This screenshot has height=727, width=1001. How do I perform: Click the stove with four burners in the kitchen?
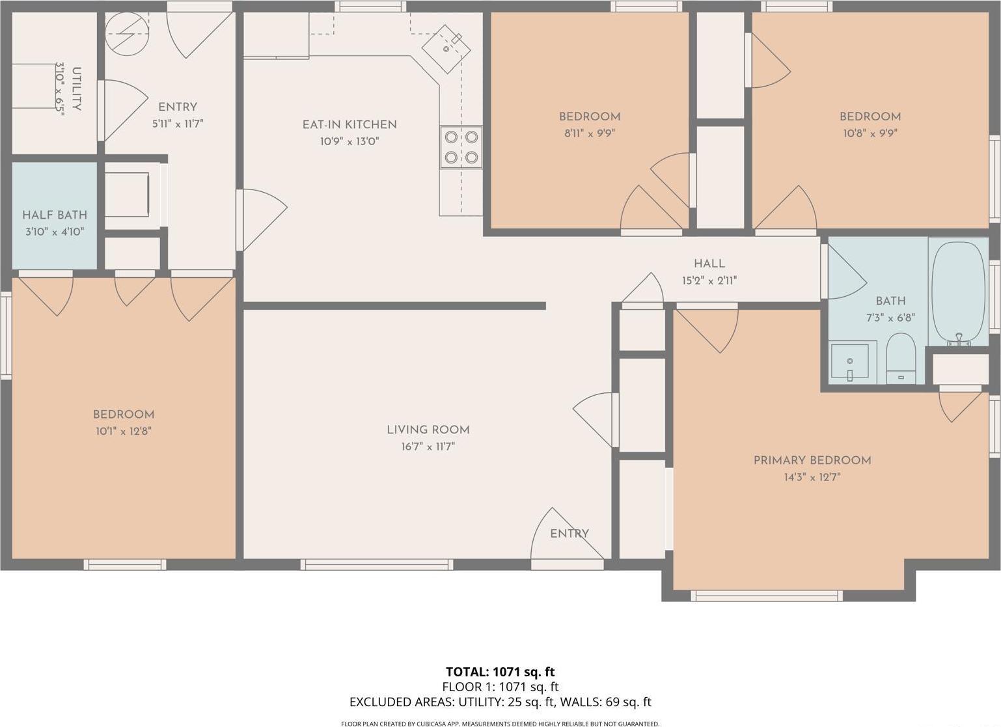click(x=461, y=146)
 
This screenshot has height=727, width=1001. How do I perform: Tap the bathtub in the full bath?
click(x=958, y=292)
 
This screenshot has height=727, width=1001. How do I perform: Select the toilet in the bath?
click(x=901, y=360)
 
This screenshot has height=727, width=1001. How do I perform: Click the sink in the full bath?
click(x=850, y=362)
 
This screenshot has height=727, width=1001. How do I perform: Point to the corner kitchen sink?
click(x=446, y=48)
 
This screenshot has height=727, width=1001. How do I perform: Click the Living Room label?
click(x=428, y=430)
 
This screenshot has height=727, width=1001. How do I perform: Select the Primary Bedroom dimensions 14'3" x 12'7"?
click(x=812, y=477)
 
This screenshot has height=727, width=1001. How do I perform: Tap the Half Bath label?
click(x=55, y=215)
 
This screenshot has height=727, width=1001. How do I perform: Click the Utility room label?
click(x=77, y=89)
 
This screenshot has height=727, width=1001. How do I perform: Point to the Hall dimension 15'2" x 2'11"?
click(x=709, y=281)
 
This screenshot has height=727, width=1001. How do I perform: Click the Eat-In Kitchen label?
click(x=349, y=124)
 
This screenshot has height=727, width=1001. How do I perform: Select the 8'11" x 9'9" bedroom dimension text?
click(x=589, y=133)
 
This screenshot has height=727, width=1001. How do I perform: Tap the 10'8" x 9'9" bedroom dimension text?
click(x=870, y=133)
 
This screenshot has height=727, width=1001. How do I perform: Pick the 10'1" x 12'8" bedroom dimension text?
click(x=123, y=431)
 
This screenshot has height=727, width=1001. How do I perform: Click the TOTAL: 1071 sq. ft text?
click(x=500, y=672)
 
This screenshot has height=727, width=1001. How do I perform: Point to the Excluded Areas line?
click(x=500, y=702)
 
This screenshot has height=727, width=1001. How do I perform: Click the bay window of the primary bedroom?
click(x=766, y=595)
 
